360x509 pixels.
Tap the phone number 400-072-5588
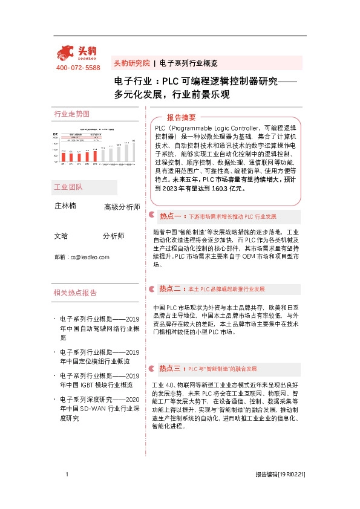click(78, 68)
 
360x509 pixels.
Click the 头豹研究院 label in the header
click(131, 63)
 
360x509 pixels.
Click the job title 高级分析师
click(122, 207)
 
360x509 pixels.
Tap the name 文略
click(61, 236)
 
